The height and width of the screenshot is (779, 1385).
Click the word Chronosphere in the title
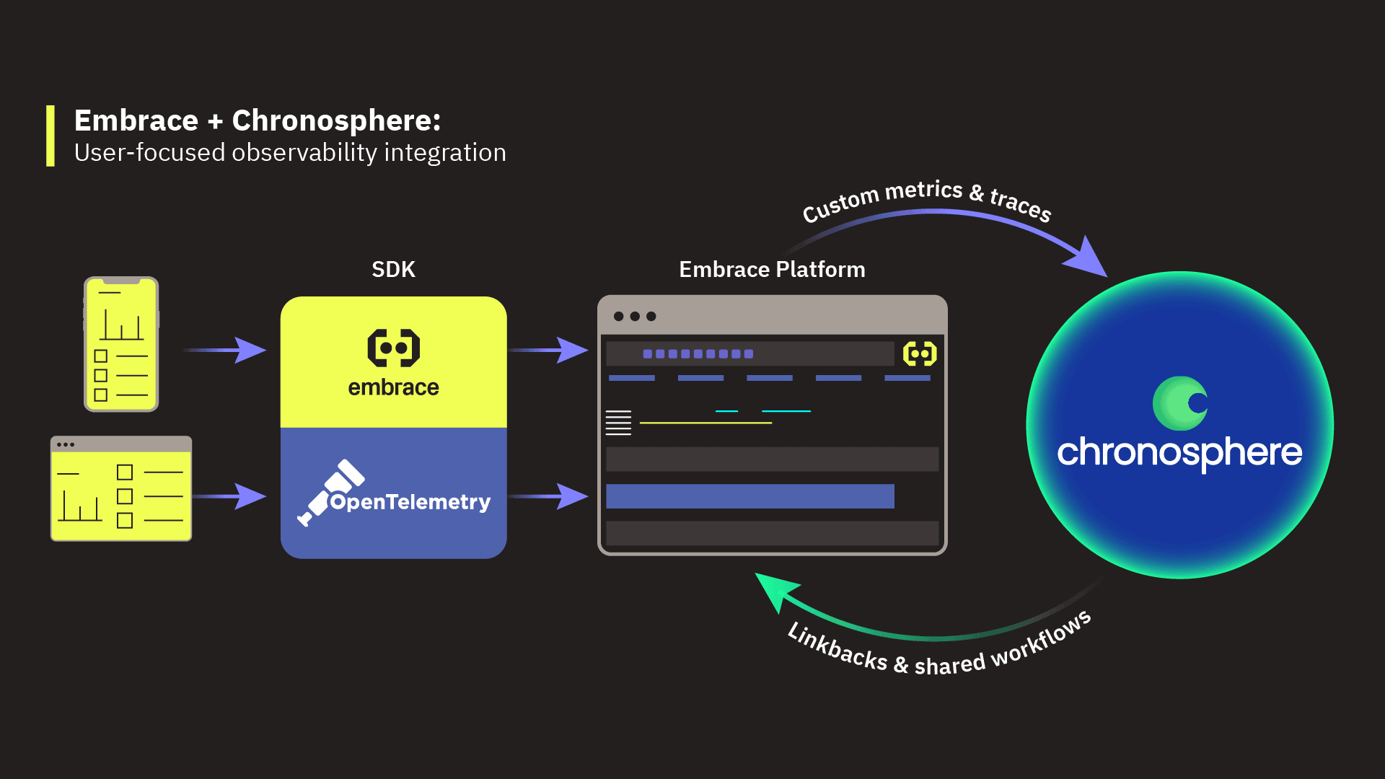[x=335, y=120]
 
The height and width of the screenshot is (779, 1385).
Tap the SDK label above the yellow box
[x=393, y=270]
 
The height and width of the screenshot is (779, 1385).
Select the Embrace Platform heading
[x=772, y=270]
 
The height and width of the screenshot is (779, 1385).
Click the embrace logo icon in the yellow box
[x=394, y=348]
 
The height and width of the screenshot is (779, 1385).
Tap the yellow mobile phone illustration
[x=121, y=344]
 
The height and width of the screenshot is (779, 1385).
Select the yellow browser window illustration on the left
[x=121, y=488]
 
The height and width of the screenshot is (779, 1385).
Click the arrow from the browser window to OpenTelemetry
[x=231, y=496]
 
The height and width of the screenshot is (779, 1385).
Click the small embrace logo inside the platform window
[x=920, y=353]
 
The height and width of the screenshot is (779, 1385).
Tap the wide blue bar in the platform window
[x=750, y=496]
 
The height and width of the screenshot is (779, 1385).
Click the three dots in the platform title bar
[x=635, y=317]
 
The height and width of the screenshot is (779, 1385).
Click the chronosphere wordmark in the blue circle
[x=1179, y=453]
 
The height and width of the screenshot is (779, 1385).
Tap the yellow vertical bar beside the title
[x=50, y=136]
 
